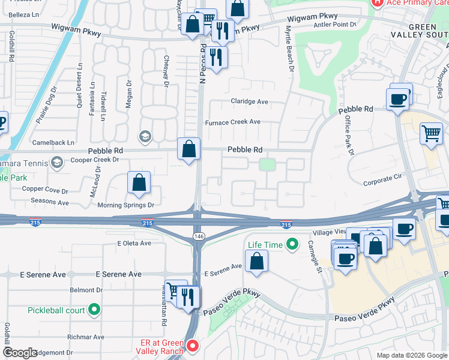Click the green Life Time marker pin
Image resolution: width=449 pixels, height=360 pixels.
coord(292,244)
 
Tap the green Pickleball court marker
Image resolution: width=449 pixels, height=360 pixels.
coord(94,310)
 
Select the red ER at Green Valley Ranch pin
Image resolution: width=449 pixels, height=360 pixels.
coord(192,346)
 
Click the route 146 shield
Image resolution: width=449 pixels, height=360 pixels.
coord(197,238)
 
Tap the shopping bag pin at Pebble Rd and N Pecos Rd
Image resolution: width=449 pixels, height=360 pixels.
coord(188,149)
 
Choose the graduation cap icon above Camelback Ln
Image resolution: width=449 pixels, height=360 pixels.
coord(145,137)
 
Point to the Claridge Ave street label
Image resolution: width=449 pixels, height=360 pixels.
coord(250,101)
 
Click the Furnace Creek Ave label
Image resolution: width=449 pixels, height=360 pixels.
coord(233,122)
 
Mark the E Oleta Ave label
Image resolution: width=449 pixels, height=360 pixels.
coord(134,243)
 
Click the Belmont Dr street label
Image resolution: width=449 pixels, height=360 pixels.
coord(86,290)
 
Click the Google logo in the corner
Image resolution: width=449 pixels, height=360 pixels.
coord(20,352)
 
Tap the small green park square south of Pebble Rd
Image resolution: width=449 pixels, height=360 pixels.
coord(267,164)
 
